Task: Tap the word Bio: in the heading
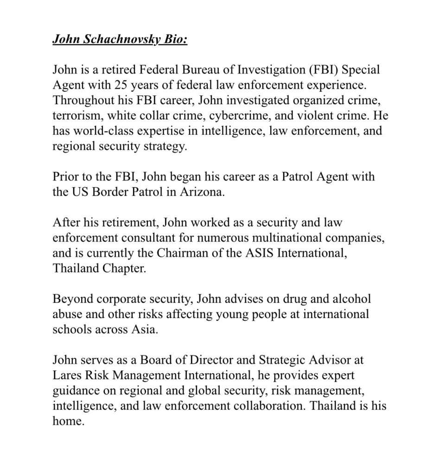[173, 39]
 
